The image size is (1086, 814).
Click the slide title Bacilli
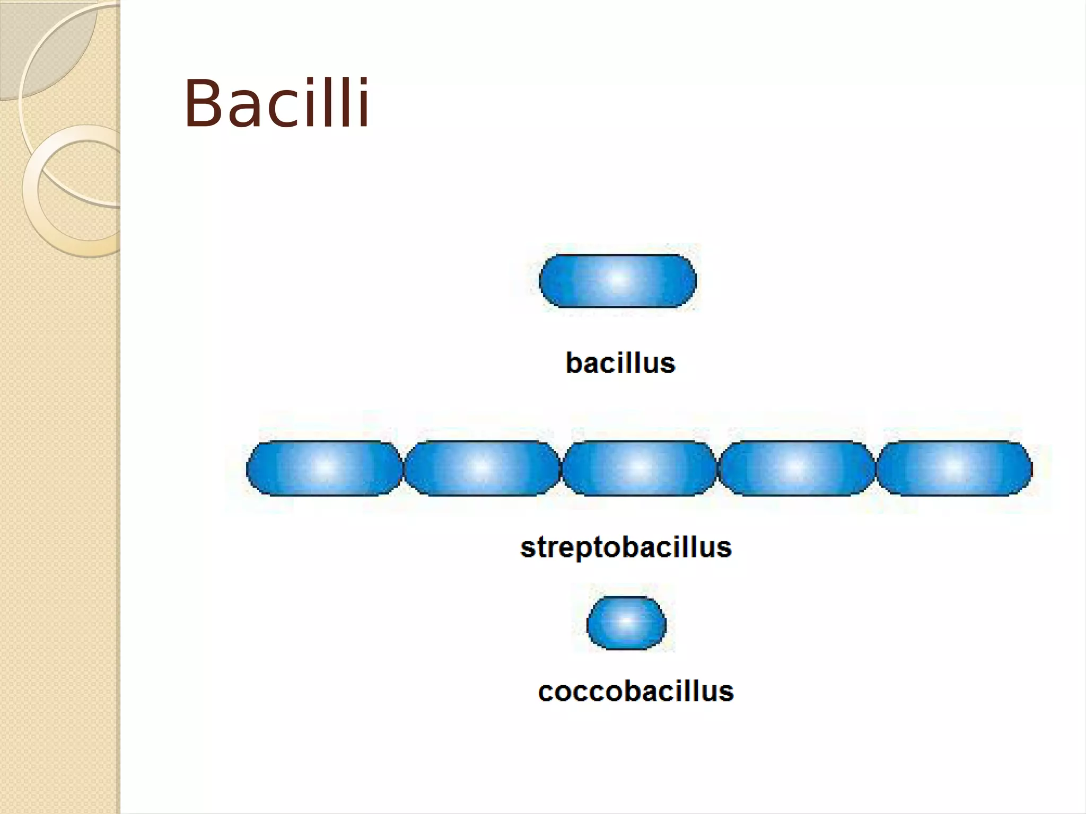coord(276,103)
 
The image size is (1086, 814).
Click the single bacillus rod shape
coord(617,281)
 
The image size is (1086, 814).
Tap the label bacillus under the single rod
coord(620,363)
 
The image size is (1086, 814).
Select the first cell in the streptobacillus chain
coord(325,468)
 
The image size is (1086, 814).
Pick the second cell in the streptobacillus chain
coord(481,468)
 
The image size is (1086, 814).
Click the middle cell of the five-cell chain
coord(639,468)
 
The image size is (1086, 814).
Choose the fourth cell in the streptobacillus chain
coord(796,468)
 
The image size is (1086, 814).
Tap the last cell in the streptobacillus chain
coord(954,468)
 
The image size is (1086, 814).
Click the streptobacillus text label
coord(626,547)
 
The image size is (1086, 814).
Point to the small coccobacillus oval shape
coord(626,623)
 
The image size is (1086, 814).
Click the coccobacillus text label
coord(635,692)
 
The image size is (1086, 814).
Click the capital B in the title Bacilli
coord(204,103)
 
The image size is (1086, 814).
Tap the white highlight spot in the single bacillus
coord(618,279)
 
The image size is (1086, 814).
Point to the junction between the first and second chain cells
coord(403,468)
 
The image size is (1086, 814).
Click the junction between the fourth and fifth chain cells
coord(875,468)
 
